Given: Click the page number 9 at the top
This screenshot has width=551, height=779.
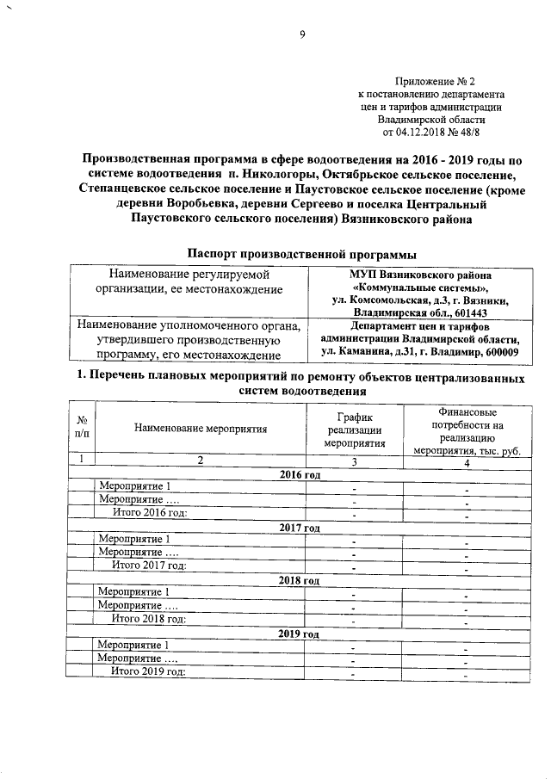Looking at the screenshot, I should click(278, 34).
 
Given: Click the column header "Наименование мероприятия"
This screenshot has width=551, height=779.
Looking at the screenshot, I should click(200, 428).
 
